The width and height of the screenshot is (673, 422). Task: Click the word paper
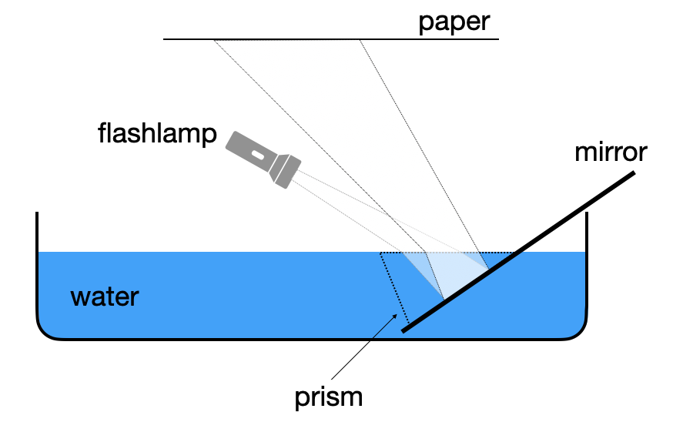[x=454, y=21]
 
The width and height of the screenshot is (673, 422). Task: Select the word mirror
[x=611, y=152]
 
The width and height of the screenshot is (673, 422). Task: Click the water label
[x=105, y=296]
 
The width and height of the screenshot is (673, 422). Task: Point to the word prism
[x=328, y=397]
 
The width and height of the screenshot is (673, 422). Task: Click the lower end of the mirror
[x=404, y=331]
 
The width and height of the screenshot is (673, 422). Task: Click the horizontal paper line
[x=331, y=39]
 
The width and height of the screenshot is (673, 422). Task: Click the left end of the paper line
[x=165, y=39]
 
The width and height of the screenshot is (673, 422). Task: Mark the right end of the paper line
[x=498, y=39]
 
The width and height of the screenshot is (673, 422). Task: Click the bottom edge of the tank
[x=308, y=338]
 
